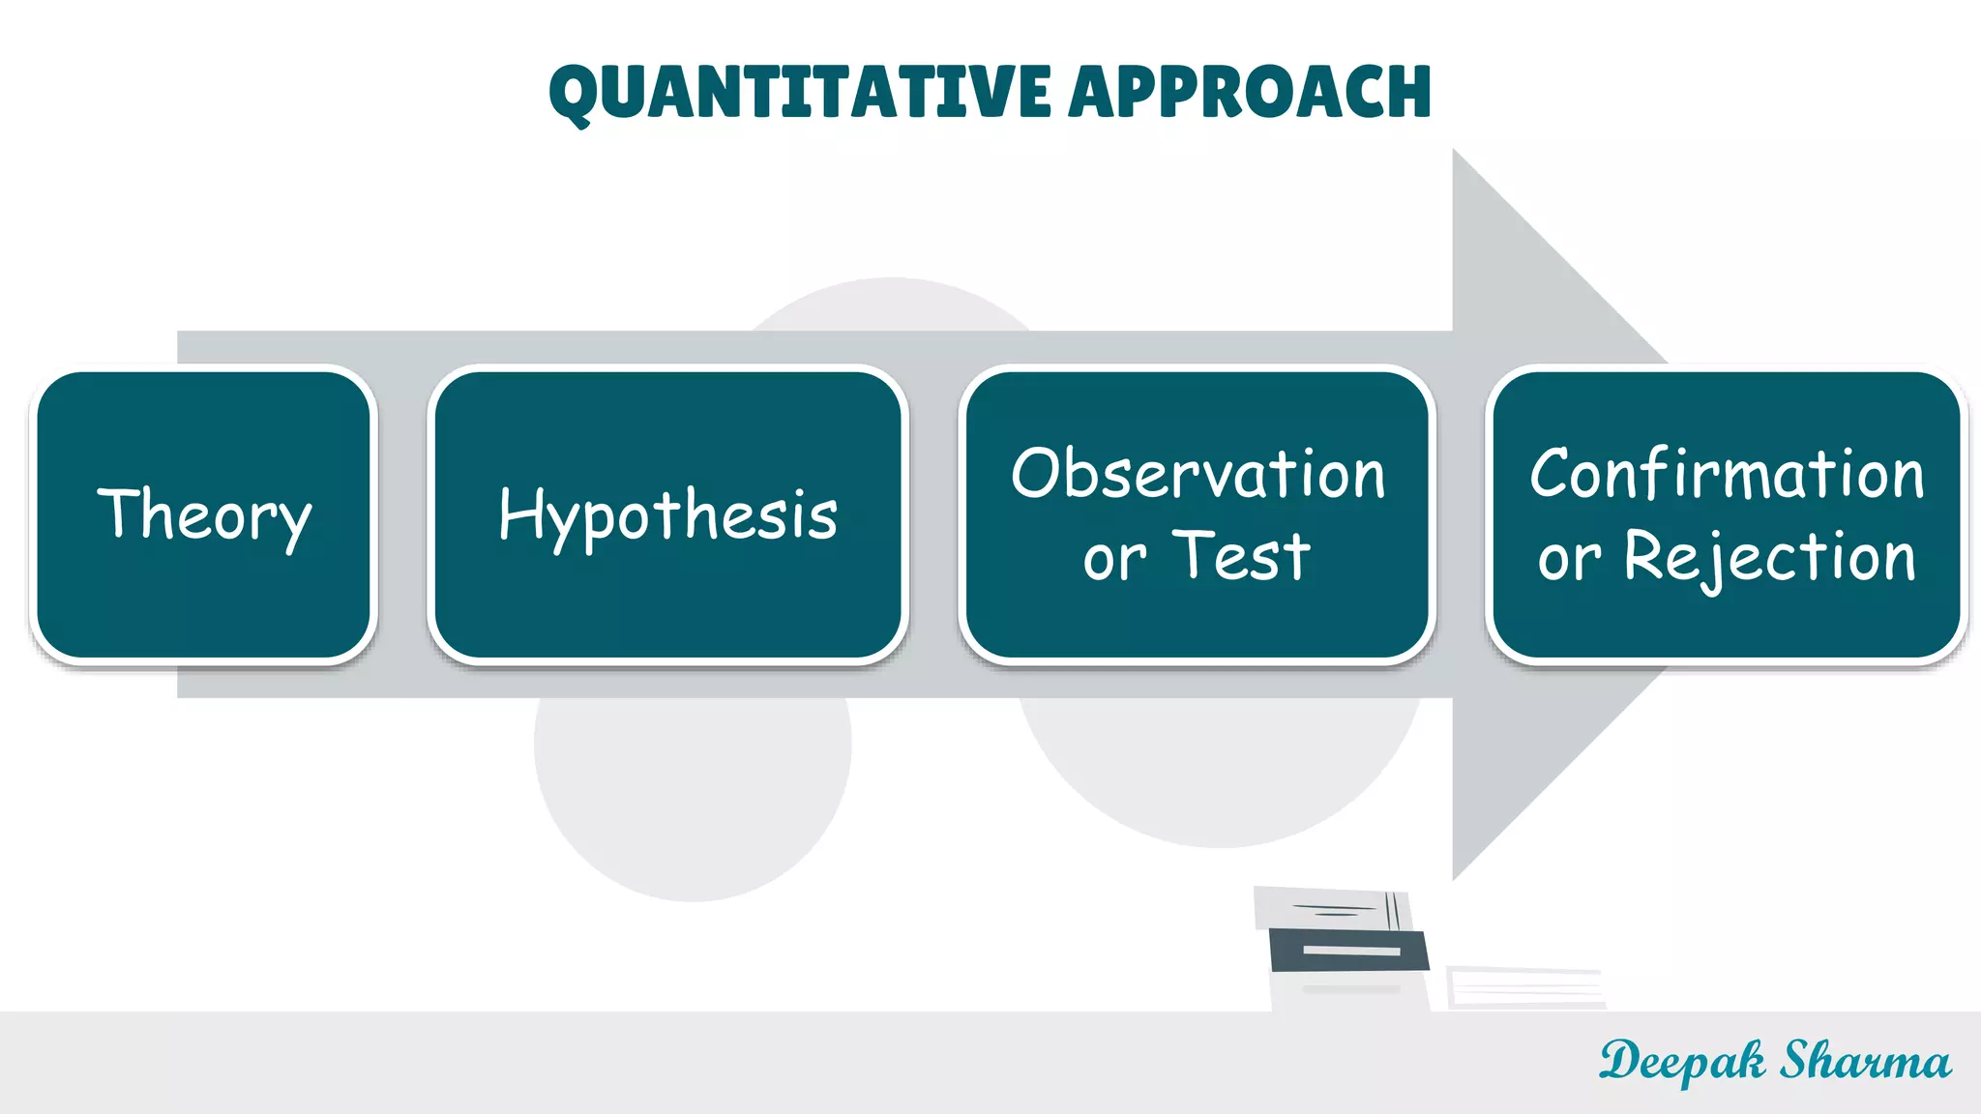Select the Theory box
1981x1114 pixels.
(x=204, y=514)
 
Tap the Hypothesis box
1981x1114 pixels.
(x=667, y=514)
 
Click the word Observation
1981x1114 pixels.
(x=1197, y=474)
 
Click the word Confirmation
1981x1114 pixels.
(x=1727, y=474)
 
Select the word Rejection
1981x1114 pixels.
(x=1769, y=558)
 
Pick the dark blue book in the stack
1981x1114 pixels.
(x=1349, y=950)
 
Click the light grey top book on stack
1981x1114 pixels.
(x=1332, y=908)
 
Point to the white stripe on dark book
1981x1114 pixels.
(x=1351, y=951)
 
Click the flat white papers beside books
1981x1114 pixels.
(x=1524, y=986)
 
